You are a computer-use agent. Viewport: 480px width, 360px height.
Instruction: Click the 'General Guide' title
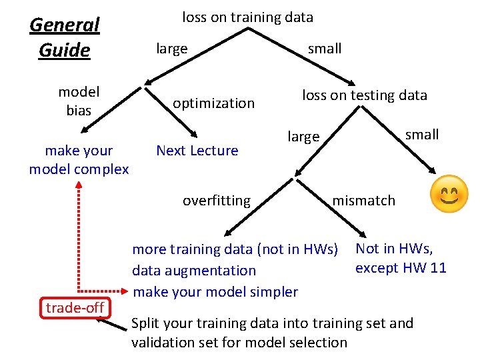[x=65, y=37]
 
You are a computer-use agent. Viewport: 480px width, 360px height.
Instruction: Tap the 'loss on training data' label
[x=247, y=17]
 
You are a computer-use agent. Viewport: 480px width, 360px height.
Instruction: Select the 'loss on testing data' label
[x=364, y=95]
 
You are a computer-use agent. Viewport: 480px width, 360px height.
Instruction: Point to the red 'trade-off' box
[x=75, y=307]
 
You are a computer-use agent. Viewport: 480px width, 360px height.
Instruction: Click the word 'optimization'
[x=213, y=103]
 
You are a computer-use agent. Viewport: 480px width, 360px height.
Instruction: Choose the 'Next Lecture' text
[x=197, y=151]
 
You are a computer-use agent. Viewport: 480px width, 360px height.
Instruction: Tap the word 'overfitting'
[x=217, y=201]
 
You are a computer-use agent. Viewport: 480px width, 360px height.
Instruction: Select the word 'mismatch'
[x=363, y=201]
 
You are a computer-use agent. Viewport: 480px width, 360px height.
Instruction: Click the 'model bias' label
[x=79, y=101]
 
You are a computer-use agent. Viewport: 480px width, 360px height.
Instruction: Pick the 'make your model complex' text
[x=79, y=160]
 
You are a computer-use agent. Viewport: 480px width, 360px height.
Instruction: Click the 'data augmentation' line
[x=194, y=271]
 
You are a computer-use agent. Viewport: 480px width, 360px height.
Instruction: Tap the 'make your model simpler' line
[x=215, y=291]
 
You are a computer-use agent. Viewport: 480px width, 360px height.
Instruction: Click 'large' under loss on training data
[x=171, y=49]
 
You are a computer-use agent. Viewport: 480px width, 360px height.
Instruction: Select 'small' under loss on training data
[x=325, y=49]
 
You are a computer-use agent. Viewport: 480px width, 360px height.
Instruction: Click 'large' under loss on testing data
[x=303, y=137]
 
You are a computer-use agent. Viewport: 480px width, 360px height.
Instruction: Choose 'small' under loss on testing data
[x=422, y=135]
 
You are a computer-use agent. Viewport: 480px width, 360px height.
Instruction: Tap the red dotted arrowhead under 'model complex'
[x=79, y=185]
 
